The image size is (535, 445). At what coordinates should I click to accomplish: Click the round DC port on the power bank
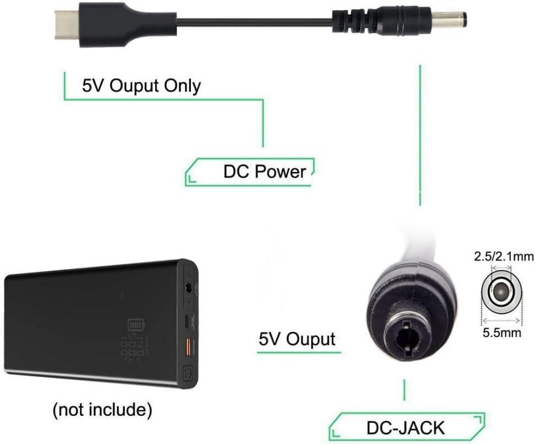[x=190, y=287]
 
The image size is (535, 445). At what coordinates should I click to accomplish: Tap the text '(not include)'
[x=102, y=410]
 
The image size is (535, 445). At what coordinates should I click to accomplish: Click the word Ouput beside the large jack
[x=310, y=339]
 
